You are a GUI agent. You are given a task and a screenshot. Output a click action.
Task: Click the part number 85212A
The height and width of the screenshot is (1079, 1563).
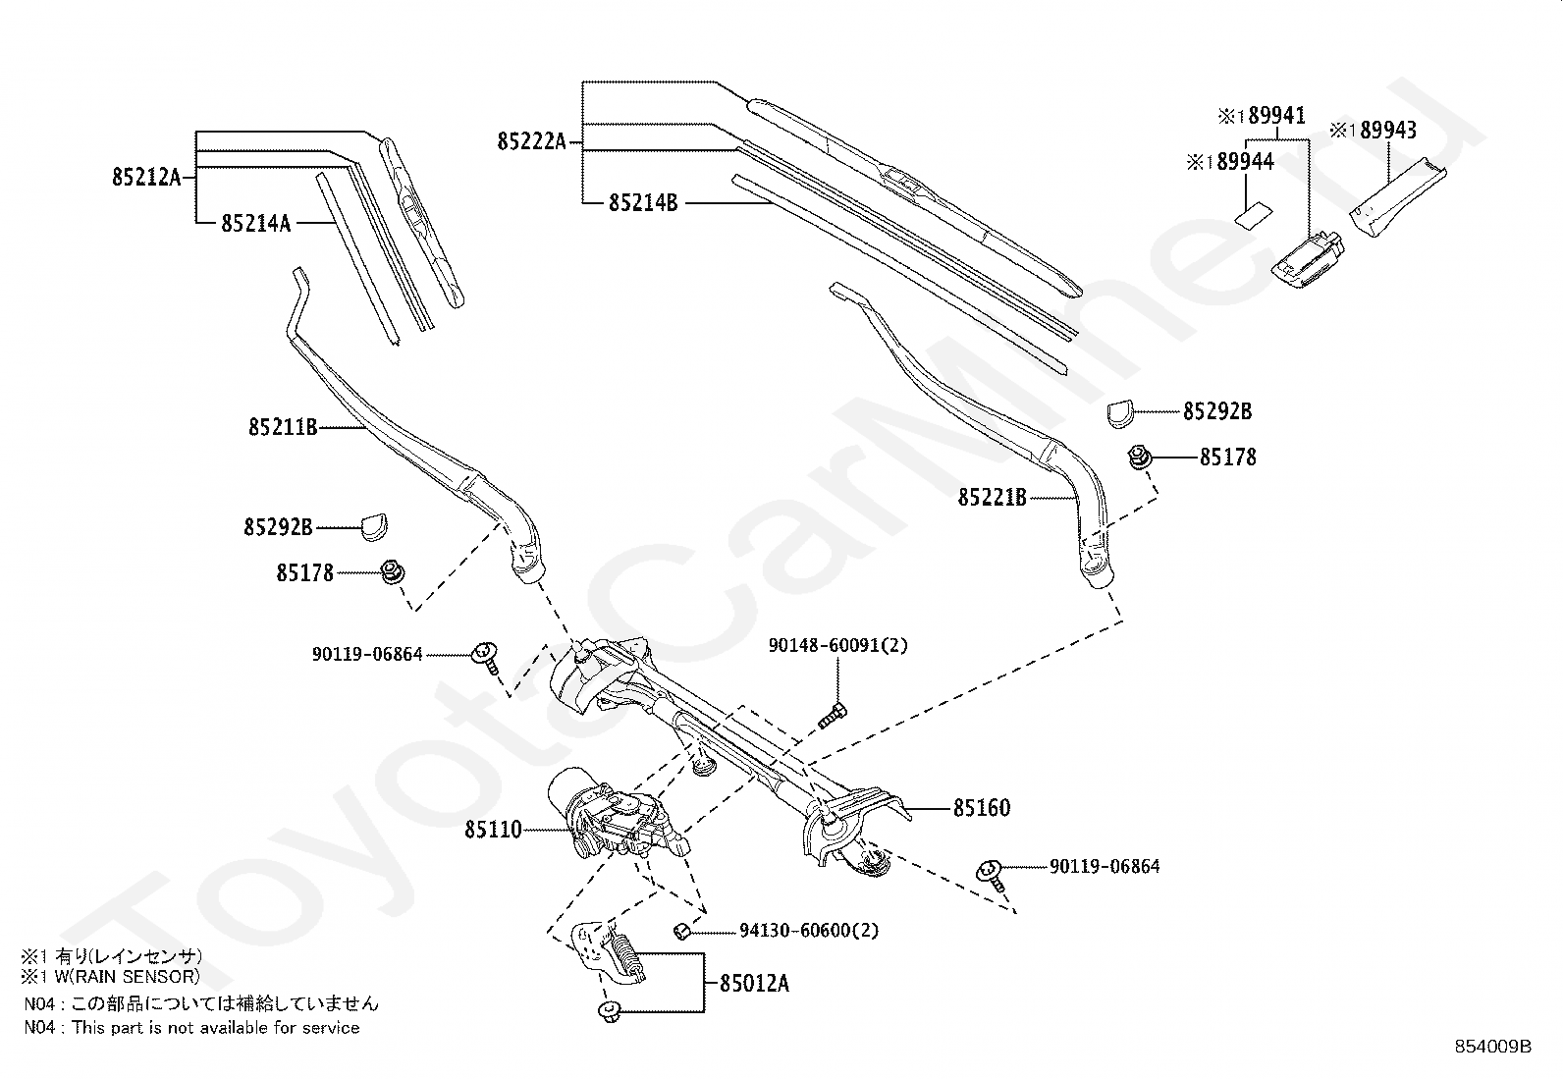click(146, 178)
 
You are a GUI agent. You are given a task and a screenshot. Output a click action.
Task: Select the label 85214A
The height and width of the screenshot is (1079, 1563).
click(255, 224)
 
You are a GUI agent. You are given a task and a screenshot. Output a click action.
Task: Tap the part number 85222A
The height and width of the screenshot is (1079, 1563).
click(531, 141)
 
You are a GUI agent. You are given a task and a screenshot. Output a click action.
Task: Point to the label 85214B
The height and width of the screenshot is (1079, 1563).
click(643, 203)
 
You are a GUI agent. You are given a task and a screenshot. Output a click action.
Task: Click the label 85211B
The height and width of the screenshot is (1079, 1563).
click(283, 427)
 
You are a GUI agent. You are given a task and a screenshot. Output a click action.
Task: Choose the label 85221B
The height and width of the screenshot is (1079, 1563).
click(992, 498)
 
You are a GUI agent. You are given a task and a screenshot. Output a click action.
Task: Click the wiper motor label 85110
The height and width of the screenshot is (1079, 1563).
click(494, 831)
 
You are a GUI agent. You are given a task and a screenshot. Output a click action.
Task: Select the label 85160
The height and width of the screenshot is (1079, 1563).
click(981, 808)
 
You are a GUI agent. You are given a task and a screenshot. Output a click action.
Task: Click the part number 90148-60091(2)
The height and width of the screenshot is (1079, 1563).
click(837, 645)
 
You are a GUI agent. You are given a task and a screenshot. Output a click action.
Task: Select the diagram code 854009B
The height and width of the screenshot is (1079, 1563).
click(1492, 1047)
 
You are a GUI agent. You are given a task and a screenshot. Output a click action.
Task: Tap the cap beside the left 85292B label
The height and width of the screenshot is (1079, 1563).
click(374, 526)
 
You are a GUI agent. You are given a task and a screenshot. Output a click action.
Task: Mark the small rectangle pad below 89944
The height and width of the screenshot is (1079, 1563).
click(1251, 214)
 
